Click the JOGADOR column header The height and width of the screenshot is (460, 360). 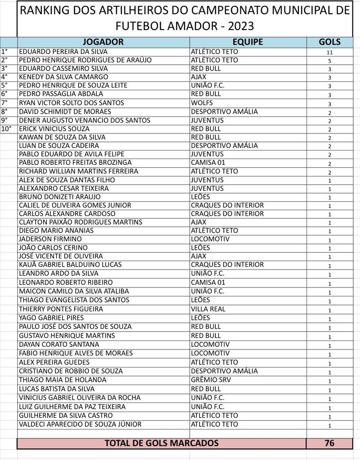tap(103, 42)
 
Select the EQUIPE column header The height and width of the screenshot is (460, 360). tap(248, 42)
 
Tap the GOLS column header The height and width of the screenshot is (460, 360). tap(329, 42)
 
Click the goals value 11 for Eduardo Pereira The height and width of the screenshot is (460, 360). tap(329, 52)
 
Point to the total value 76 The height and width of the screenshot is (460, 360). tap(329, 443)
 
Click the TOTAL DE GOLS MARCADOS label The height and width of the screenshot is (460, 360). tap(161, 443)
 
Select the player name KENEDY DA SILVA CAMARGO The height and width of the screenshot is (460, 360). tap(63, 77)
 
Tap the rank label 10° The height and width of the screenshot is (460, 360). tap(6, 128)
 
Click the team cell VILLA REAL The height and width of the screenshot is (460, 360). tap(208, 309)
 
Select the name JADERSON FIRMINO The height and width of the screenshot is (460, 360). tap(50, 239)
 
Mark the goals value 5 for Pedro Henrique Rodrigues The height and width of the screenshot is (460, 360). tap(329, 61)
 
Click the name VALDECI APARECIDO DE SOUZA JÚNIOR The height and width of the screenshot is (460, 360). tap(80, 425)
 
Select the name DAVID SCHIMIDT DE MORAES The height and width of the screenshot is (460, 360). tap(65, 111)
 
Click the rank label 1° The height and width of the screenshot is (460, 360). tap(5, 52)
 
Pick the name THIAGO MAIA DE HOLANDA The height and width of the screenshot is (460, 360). tap(62, 380)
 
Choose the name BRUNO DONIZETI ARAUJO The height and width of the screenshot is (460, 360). tap(60, 197)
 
